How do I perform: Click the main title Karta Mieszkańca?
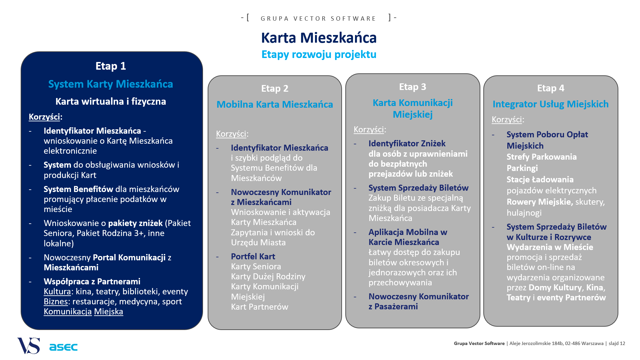pos(319,38)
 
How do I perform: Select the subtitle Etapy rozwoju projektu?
pos(319,54)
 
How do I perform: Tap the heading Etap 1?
pos(111,66)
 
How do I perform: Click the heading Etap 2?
pos(275,89)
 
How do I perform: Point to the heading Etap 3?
pos(413,87)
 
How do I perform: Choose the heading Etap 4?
pos(551,88)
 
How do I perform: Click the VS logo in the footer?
pos(29,346)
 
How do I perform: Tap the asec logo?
pos(63,347)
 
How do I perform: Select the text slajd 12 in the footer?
pos(617,343)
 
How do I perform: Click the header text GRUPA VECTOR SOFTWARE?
pos(318,19)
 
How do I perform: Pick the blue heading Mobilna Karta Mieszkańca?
pos(275,105)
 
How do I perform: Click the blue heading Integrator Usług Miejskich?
pos(551,104)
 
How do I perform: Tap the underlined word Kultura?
pos(57,292)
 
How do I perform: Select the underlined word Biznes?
pos(56,302)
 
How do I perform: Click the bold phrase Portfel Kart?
pos(253,257)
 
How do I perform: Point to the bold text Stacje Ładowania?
pos(540,180)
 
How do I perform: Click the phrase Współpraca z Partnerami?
pos(92,282)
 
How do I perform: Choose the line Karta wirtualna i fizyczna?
pos(111,102)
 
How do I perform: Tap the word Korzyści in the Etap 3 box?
pos(369,130)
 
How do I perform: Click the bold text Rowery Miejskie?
pos(540,202)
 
